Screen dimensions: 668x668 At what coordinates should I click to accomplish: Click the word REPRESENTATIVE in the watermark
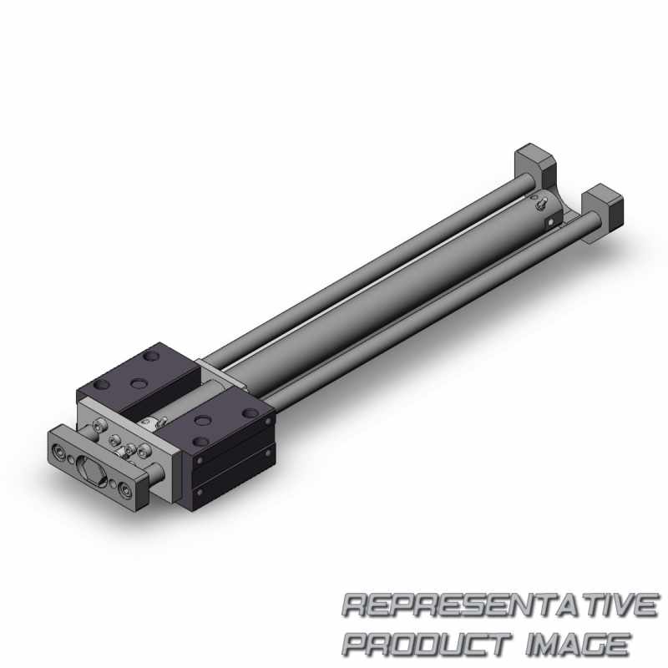click(499, 605)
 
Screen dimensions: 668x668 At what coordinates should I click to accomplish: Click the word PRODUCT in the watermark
click(427, 644)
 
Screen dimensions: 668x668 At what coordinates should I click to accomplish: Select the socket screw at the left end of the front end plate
click(56, 450)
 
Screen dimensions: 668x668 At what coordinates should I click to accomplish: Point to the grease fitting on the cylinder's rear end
click(542, 205)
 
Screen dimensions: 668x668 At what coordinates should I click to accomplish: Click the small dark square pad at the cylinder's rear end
click(551, 222)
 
